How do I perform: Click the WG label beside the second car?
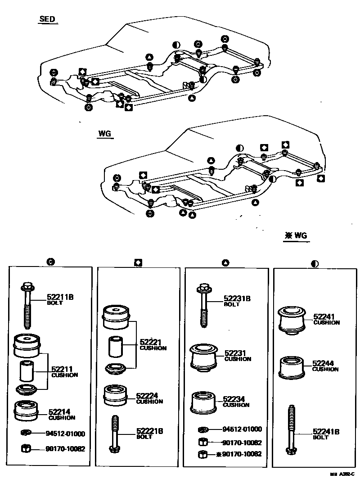(104, 134)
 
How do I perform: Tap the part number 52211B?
(60, 297)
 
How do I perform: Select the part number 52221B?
(149, 431)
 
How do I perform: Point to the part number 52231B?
(237, 298)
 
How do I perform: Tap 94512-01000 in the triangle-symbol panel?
(242, 429)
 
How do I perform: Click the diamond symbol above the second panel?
(138, 262)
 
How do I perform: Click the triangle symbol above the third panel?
(226, 262)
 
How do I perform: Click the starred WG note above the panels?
(297, 235)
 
